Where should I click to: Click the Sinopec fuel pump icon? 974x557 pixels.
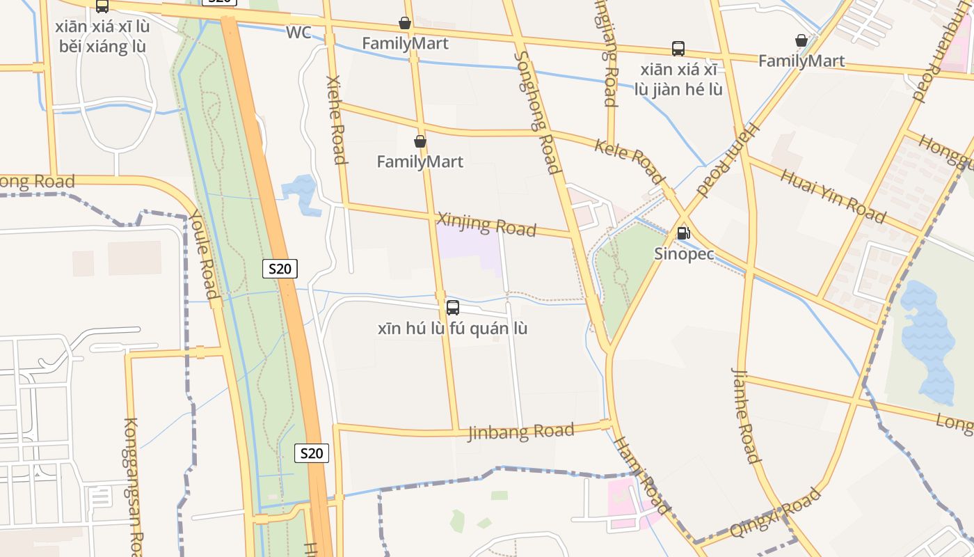pos(683,233)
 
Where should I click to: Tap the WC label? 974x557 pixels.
pos(298,33)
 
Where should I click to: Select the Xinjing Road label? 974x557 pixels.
pos(486,224)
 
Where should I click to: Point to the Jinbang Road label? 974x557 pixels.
pos(521,432)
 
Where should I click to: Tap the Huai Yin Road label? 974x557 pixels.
pos(833,195)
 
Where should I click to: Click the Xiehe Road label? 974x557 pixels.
pos(337,120)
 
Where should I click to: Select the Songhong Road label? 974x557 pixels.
pos(537,111)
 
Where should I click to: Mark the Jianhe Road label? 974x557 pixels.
pos(745,415)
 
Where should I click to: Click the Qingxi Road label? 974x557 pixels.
pos(775,513)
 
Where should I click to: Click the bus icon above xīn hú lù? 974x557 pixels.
pos(452,307)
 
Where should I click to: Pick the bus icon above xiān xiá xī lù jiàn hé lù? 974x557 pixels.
pos(678,49)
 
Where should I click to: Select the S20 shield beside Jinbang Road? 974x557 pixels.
pos(311,453)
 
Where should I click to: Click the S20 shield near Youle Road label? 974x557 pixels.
pos(280,268)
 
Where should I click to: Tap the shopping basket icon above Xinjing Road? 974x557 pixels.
pos(420,141)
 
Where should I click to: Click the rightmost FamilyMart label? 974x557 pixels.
pos(801,61)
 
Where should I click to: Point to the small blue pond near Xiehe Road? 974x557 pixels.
pos(301,192)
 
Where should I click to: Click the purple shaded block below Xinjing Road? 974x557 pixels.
pos(470,247)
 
